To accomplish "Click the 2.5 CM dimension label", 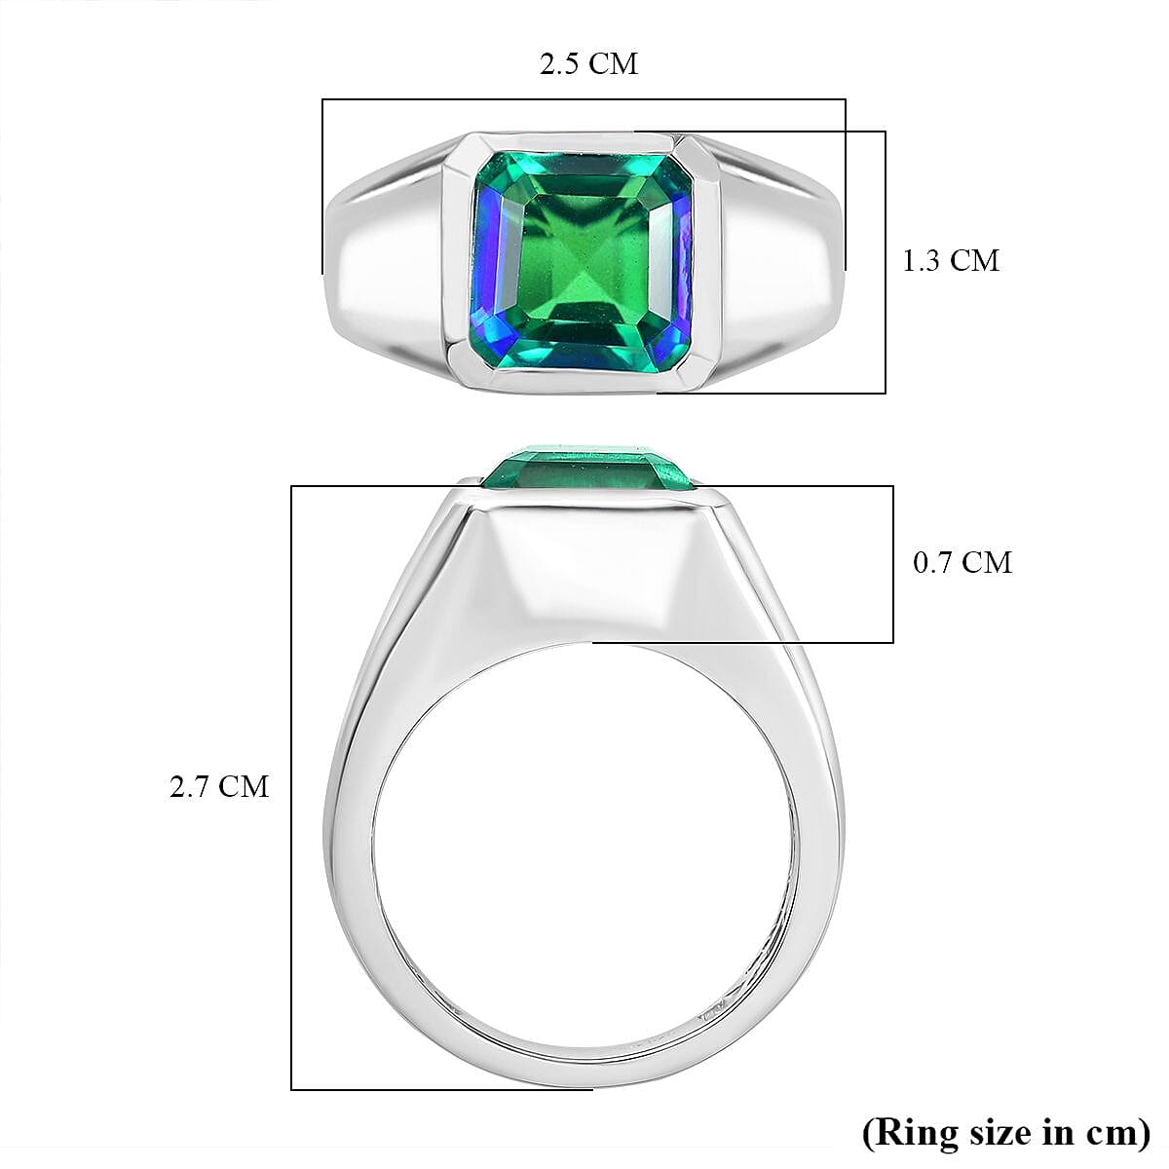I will (588, 64).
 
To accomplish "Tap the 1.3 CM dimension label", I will (950, 261).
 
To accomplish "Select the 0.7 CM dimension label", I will (962, 562).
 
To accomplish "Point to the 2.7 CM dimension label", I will (218, 786).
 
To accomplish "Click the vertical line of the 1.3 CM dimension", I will (885, 261).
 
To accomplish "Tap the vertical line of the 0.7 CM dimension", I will (892, 563).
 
